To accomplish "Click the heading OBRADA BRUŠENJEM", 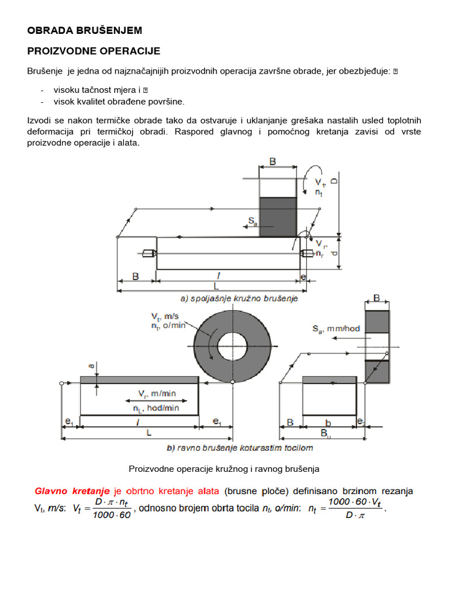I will coord(85,30).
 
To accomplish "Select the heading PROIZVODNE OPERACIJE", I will coord(94,51).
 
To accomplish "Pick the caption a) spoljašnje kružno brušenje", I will coord(239,298).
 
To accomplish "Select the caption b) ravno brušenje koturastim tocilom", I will coord(239,448).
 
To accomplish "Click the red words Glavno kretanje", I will coord(72,492).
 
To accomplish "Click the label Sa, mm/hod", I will coord(336,329).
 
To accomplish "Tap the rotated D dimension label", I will coord(334,181).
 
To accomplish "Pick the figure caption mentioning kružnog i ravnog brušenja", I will coord(224,468).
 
